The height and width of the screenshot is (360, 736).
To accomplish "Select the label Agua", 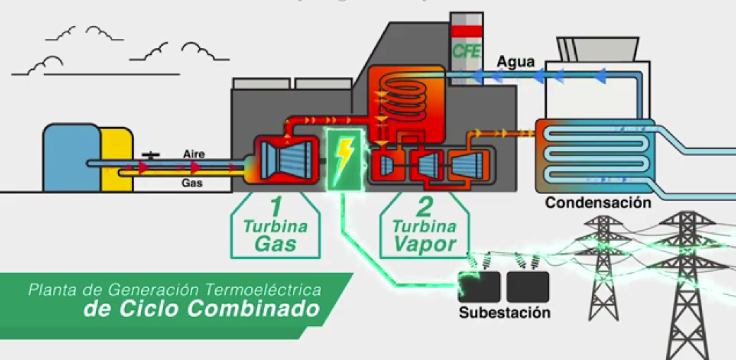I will [x=516, y=61].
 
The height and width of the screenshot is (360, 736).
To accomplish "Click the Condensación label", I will [x=597, y=203].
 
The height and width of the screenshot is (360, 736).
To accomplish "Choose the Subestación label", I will [x=504, y=313].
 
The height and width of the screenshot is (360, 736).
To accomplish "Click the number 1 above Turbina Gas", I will [x=277, y=208].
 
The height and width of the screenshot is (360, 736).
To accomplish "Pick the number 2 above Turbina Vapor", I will [x=424, y=208].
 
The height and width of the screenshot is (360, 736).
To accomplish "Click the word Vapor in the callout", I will [x=426, y=244].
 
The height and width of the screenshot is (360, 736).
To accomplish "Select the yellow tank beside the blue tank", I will [x=115, y=159].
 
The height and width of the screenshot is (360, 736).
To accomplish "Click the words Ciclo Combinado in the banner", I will [x=200, y=309].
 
